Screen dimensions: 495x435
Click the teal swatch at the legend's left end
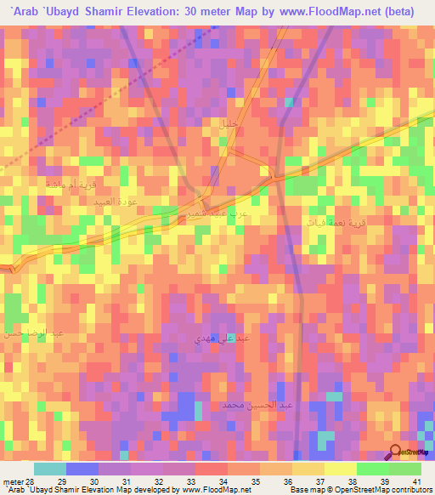point(49,469)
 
